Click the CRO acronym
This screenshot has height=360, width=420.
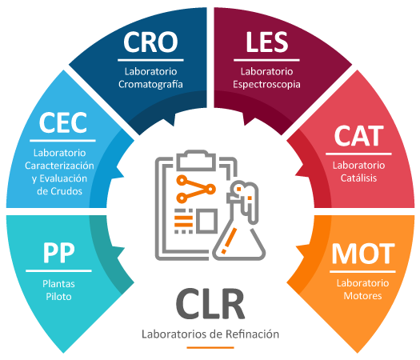(x=150, y=42)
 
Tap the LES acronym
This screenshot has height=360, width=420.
(x=266, y=42)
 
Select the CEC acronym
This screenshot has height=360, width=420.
(x=63, y=122)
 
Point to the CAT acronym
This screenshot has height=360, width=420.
(x=358, y=136)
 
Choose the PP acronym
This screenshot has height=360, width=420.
(x=59, y=253)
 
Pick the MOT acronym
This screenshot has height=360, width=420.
(x=363, y=254)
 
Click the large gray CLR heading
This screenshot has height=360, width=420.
(x=210, y=304)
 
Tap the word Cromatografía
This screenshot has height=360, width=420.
(x=150, y=84)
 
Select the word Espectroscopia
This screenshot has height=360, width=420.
(x=266, y=84)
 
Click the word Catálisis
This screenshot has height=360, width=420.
(x=358, y=178)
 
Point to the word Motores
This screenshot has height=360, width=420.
(x=362, y=296)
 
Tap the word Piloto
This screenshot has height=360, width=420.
(x=58, y=297)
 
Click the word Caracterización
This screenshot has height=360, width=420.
(x=59, y=166)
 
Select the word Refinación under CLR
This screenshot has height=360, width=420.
(x=252, y=334)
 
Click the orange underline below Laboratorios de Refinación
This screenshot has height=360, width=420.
(x=210, y=348)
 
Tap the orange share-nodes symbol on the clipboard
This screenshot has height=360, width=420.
(x=195, y=189)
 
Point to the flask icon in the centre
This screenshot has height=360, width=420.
(x=239, y=221)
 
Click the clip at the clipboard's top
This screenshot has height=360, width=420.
(x=196, y=160)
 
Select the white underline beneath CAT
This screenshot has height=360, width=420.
(x=358, y=154)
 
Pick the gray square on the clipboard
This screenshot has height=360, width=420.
(x=206, y=221)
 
